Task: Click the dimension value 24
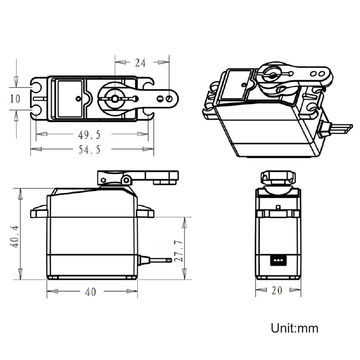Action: pos(140,63)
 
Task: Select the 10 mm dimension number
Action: pos(15,98)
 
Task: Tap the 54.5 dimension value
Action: pos(89,150)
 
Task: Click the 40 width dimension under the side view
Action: pos(91,292)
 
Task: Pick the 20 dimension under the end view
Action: pos(277,290)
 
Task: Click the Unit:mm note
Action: pos(295,328)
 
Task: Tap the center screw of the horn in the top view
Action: pos(115,98)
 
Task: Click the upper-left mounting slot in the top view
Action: pos(37,87)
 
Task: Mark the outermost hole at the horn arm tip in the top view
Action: pos(169,98)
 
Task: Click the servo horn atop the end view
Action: pos(278,178)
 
